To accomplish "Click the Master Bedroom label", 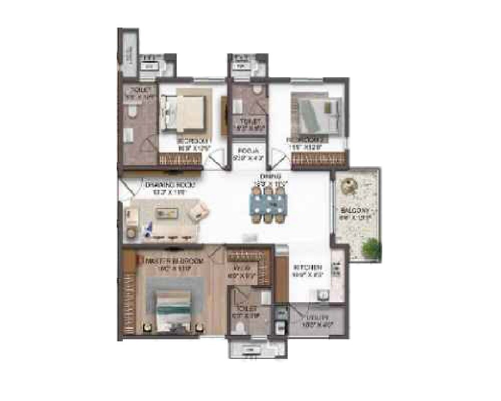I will [173, 261].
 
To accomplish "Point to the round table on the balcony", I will [347, 186].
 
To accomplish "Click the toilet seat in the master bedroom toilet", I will [241, 328].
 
